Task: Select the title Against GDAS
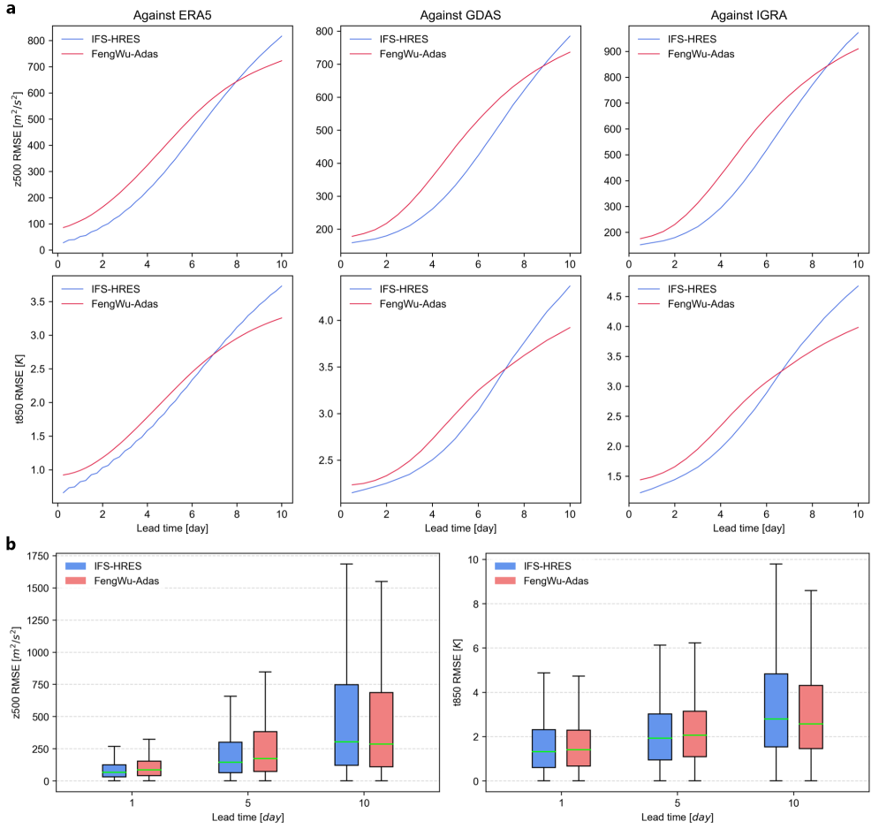(455, 16)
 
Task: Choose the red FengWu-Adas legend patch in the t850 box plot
(505, 582)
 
